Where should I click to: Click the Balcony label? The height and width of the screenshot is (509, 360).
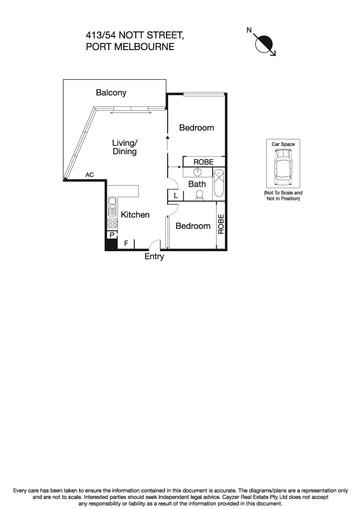(111, 93)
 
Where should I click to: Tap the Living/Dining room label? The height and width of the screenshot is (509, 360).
(125, 147)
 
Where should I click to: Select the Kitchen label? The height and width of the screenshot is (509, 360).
(135, 215)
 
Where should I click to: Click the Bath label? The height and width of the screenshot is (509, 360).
(197, 184)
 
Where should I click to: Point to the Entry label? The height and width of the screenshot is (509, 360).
(154, 257)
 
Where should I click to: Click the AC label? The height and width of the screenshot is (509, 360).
(89, 175)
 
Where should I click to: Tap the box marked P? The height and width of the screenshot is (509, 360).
(112, 235)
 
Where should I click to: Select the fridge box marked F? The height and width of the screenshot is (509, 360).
(126, 242)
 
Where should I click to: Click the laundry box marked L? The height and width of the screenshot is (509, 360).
(175, 196)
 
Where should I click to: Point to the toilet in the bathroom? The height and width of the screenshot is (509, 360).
(200, 195)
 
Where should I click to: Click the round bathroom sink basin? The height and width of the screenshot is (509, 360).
(197, 172)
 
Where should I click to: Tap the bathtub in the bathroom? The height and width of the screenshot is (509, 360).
(219, 184)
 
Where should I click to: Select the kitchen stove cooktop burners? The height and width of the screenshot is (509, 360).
(112, 224)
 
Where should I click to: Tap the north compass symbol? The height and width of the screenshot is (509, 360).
(265, 42)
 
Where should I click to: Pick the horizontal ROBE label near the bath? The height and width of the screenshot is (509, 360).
(203, 162)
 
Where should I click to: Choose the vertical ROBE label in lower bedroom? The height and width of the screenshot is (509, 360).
(221, 224)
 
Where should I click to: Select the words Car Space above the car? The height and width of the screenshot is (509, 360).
(283, 144)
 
